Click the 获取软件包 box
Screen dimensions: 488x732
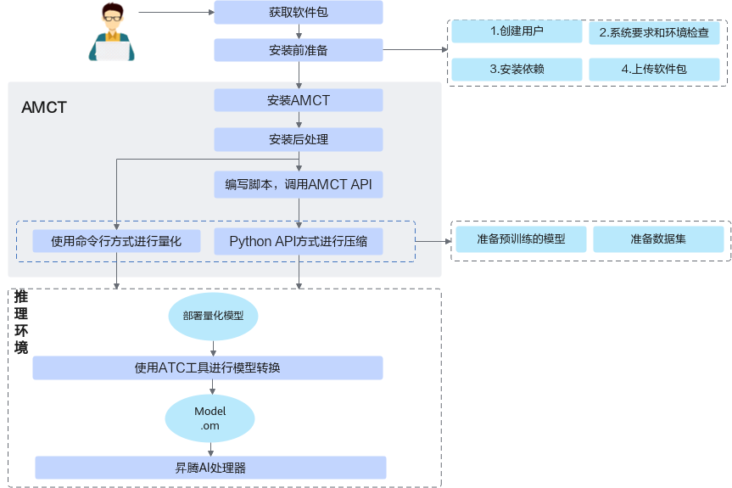click(298, 13)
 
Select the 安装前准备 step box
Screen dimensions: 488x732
click(298, 50)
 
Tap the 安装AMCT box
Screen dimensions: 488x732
click(298, 100)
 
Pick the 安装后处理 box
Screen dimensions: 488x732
click(298, 139)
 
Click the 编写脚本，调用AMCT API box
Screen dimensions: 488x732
click(298, 184)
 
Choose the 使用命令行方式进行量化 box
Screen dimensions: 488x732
click(116, 241)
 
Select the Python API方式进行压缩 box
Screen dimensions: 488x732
click(298, 241)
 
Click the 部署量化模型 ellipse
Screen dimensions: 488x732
click(213, 315)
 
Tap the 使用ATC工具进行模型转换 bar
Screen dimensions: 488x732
click(208, 367)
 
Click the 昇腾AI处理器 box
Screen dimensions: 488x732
click(210, 468)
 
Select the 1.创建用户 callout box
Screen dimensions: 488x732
click(517, 32)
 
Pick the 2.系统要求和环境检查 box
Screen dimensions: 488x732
click(654, 33)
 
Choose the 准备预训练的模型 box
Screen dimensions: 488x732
click(521, 239)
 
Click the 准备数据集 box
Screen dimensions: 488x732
click(658, 239)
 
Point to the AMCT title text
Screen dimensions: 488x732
click(44, 108)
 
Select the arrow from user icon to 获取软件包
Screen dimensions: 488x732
click(174, 13)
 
